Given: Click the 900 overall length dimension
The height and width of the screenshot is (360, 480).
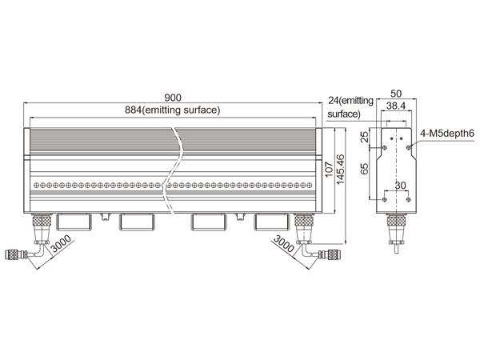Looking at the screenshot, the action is point(173,98).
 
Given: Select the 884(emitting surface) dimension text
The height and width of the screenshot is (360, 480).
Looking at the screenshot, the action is point(173,110).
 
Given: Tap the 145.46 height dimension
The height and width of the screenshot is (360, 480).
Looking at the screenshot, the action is point(341,170).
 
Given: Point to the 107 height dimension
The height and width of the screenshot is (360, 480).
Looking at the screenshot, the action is point(329,170).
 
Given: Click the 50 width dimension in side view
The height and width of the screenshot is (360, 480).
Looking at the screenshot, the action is point(396,94).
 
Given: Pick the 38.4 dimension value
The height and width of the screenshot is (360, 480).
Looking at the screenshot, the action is point(396,106).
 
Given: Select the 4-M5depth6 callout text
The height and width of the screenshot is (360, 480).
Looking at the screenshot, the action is point(447,134).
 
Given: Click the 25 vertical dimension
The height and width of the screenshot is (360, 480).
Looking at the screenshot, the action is point(364,137).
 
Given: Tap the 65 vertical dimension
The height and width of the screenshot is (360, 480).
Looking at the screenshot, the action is point(364,169).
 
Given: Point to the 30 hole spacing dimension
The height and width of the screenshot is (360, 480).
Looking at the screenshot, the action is point(400,186).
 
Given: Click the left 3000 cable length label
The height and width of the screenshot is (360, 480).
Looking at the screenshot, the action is point(62,243).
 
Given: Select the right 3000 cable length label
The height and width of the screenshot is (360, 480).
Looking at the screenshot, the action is point(283,243).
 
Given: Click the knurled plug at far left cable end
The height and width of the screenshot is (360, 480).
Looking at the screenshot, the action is point(11,254).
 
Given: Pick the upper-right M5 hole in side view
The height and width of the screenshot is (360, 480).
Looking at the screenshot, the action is point(408,148).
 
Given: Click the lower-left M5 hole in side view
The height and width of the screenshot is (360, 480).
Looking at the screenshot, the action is point(385,199).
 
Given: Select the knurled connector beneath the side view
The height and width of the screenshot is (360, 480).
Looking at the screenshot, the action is point(397,221).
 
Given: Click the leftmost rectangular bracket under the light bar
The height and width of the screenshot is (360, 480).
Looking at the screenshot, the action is point(74,222).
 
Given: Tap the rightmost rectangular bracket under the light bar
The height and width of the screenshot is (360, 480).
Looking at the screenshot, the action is point(271,222).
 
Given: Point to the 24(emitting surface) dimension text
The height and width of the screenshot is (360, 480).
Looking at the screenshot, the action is point(350,107).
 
